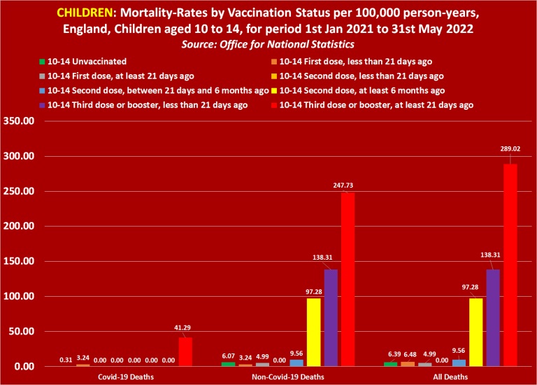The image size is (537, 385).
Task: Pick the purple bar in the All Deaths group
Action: pos(493,318)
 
